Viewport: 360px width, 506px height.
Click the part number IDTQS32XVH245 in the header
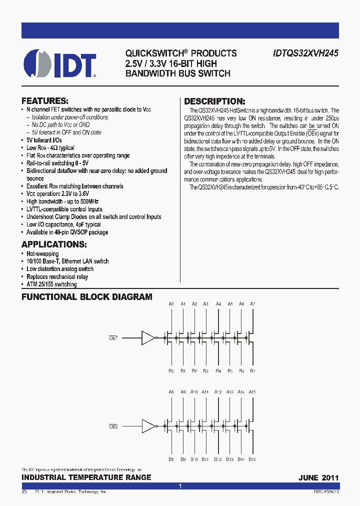point(306,53)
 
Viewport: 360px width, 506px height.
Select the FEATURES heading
point(44,100)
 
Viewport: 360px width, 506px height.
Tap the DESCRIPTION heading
point(215,101)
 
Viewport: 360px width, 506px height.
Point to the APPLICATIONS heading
point(54,244)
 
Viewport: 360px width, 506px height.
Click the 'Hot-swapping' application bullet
point(42,253)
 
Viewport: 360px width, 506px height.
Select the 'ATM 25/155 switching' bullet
point(51,284)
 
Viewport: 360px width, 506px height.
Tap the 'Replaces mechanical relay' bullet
point(57,276)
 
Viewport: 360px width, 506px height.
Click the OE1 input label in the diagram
point(113,338)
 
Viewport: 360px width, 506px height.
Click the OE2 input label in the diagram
point(113,426)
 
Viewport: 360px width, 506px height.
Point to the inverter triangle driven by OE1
point(148,338)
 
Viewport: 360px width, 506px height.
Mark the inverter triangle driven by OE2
point(148,426)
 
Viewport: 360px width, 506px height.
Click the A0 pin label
point(171,304)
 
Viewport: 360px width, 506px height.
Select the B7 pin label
point(252,371)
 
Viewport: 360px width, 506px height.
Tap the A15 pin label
point(252,392)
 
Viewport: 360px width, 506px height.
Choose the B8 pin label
point(171,459)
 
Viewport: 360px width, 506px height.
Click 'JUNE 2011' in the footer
point(318,477)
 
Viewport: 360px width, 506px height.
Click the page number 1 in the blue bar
point(180,486)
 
